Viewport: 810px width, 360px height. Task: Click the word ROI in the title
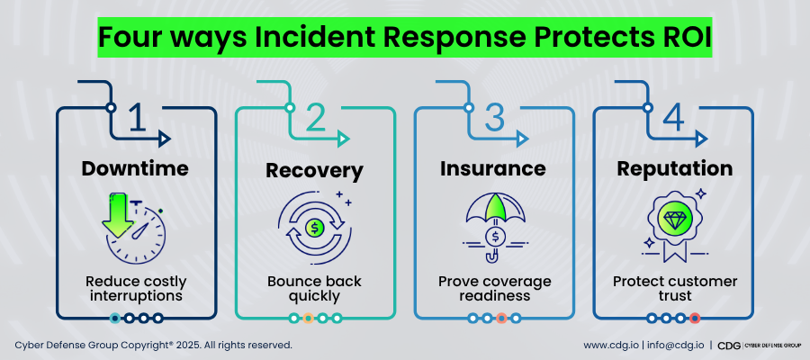click(x=683, y=39)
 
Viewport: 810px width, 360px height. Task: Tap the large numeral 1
click(x=137, y=120)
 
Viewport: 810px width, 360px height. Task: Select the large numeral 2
click(x=315, y=120)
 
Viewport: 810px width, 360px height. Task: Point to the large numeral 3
click(x=494, y=120)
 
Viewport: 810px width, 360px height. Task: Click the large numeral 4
click(x=672, y=120)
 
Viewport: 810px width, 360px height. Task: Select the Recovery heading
click(x=315, y=170)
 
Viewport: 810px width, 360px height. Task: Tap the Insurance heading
click(x=493, y=168)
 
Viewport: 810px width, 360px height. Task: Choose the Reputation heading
click(x=672, y=168)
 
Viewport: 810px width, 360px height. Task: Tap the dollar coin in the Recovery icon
click(x=315, y=228)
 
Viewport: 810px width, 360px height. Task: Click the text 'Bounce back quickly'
click(x=315, y=288)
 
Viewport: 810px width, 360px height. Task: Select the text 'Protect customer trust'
click(x=672, y=288)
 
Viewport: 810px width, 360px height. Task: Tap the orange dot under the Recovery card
click(x=308, y=318)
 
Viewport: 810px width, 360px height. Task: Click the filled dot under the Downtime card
click(x=115, y=318)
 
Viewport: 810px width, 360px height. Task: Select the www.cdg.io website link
click(x=611, y=345)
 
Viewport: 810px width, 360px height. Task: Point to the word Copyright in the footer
click(x=142, y=345)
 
